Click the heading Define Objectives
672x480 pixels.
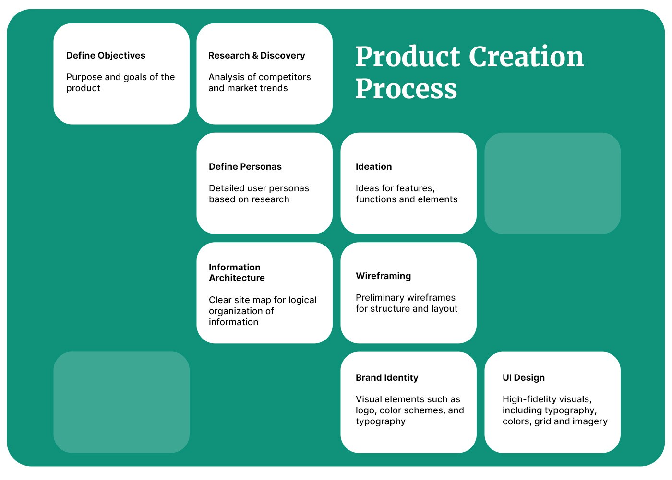pos(106,56)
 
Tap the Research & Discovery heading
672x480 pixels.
pos(256,56)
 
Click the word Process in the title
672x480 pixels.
pos(406,89)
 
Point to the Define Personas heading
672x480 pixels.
pos(245,166)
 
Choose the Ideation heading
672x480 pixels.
pos(373,166)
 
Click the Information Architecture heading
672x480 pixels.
pos(237,273)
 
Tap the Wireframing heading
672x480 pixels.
pos(383,276)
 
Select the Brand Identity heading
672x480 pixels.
pos(387,377)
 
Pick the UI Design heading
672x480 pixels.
pos(524,377)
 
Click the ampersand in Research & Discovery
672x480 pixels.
pos(255,56)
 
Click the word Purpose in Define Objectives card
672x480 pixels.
pos(84,77)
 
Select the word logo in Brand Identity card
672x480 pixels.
pos(366,410)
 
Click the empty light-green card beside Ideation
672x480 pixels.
pos(552,183)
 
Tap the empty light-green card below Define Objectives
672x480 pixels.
pos(121,402)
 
